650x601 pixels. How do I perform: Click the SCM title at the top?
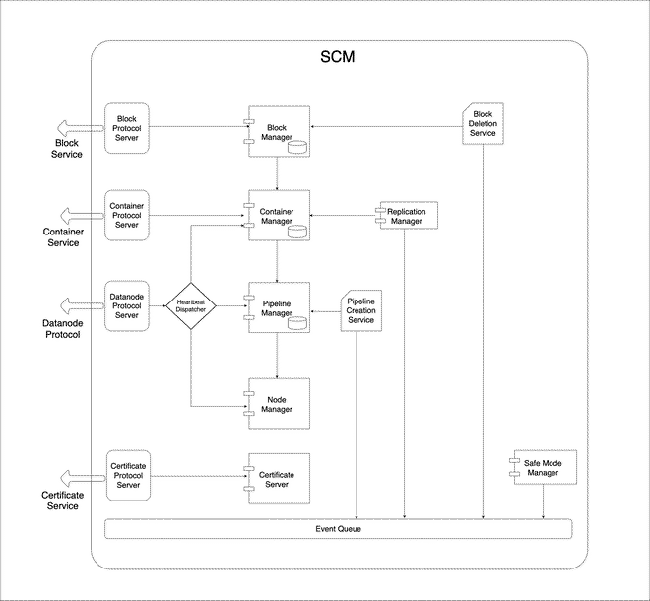tap(338, 57)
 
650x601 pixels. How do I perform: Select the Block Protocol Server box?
tap(126, 128)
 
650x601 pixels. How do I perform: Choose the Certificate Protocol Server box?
tap(127, 475)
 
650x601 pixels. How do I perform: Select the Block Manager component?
tap(280, 132)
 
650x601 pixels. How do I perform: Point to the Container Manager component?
tap(280, 216)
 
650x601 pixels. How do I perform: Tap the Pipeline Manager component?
tap(280, 306)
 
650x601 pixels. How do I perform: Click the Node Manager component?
tap(280, 404)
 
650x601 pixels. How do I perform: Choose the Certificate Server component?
tap(280, 479)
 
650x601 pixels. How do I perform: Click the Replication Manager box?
tap(406, 216)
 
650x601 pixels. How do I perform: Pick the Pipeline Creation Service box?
tap(360, 309)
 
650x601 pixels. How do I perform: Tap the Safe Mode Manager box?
tap(542, 468)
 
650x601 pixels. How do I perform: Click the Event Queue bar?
tap(338, 529)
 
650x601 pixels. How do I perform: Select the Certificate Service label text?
tap(62, 500)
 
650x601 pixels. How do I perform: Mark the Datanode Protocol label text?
tap(62, 328)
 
